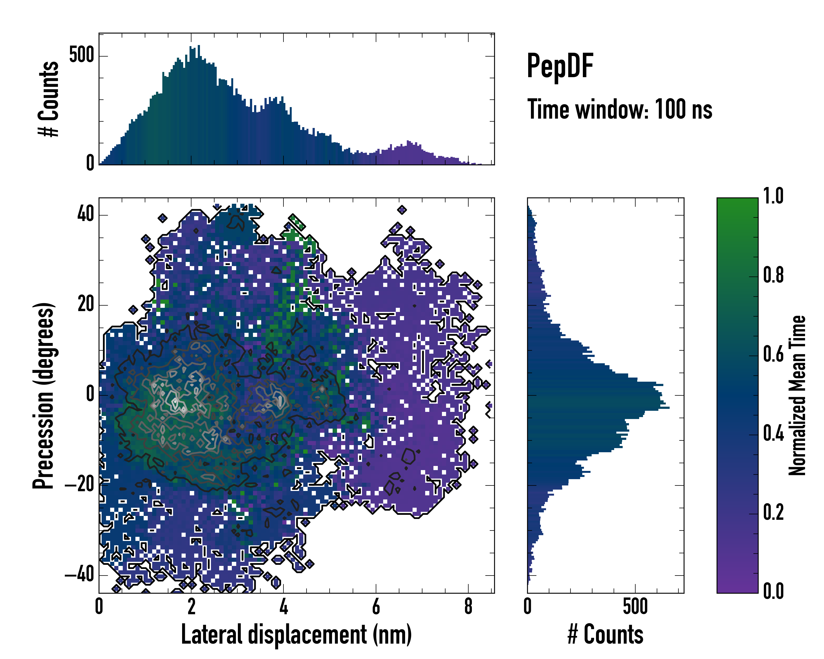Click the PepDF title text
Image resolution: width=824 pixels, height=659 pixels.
pyautogui.click(x=560, y=66)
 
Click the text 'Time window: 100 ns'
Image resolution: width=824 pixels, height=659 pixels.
pyautogui.click(x=620, y=110)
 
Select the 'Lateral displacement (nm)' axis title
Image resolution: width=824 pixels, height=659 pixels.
pyautogui.click(x=296, y=635)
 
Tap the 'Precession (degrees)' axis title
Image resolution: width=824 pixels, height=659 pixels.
pyautogui.click(x=43, y=396)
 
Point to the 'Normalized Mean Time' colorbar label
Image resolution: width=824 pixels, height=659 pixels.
pyautogui.click(x=797, y=396)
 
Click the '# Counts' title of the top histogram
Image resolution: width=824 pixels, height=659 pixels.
pyautogui.click(x=49, y=99)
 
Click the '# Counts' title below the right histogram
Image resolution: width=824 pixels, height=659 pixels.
pyautogui.click(x=605, y=635)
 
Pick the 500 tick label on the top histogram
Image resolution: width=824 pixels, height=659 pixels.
pyautogui.click(x=81, y=55)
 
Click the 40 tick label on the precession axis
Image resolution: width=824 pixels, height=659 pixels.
pyautogui.click(x=86, y=214)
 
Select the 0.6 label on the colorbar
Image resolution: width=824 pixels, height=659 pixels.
pyautogui.click(x=773, y=354)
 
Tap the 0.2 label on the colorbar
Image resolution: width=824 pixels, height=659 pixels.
pyautogui.click(x=773, y=512)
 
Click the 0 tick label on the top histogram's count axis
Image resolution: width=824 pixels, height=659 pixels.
pyautogui.click(x=90, y=163)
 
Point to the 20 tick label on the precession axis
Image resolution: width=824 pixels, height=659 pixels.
pyautogui.click(x=86, y=305)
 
